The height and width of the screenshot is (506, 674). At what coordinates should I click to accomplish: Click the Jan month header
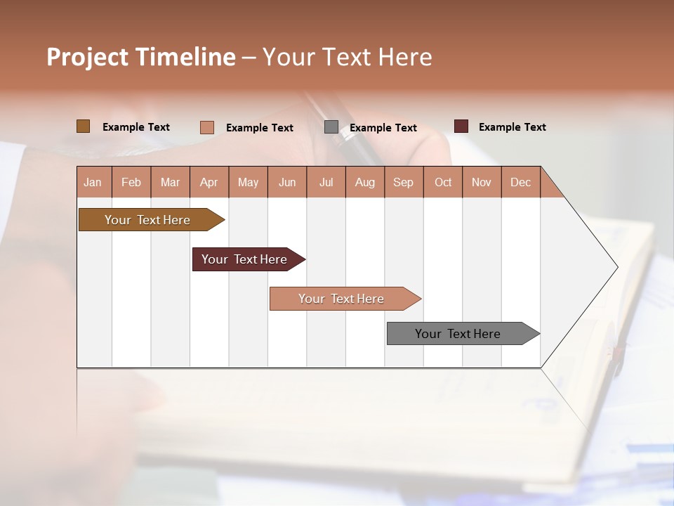(x=93, y=182)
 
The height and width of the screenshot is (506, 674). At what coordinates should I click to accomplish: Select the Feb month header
(x=131, y=182)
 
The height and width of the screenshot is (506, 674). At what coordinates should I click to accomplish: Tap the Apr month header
(x=209, y=182)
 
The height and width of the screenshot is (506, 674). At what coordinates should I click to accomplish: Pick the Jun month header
(x=287, y=182)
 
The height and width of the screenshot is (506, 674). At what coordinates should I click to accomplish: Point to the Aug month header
(x=365, y=182)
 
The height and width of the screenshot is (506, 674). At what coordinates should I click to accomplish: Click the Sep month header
(x=404, y=182)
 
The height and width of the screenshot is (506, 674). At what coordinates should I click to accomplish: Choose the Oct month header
(x=443, y=182)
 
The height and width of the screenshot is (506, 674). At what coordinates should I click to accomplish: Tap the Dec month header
(x=521, y=182)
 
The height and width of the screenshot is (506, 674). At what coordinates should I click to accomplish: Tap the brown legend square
(x=83, y=126)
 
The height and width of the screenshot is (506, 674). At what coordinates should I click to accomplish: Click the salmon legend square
(x=206, y=127)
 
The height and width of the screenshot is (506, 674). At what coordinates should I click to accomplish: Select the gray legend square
(x=331, y=127)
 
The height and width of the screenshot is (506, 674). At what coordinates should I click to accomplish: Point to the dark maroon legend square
(x=461, y=126)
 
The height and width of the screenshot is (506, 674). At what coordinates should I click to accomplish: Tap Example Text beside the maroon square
(x=512, y=127)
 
